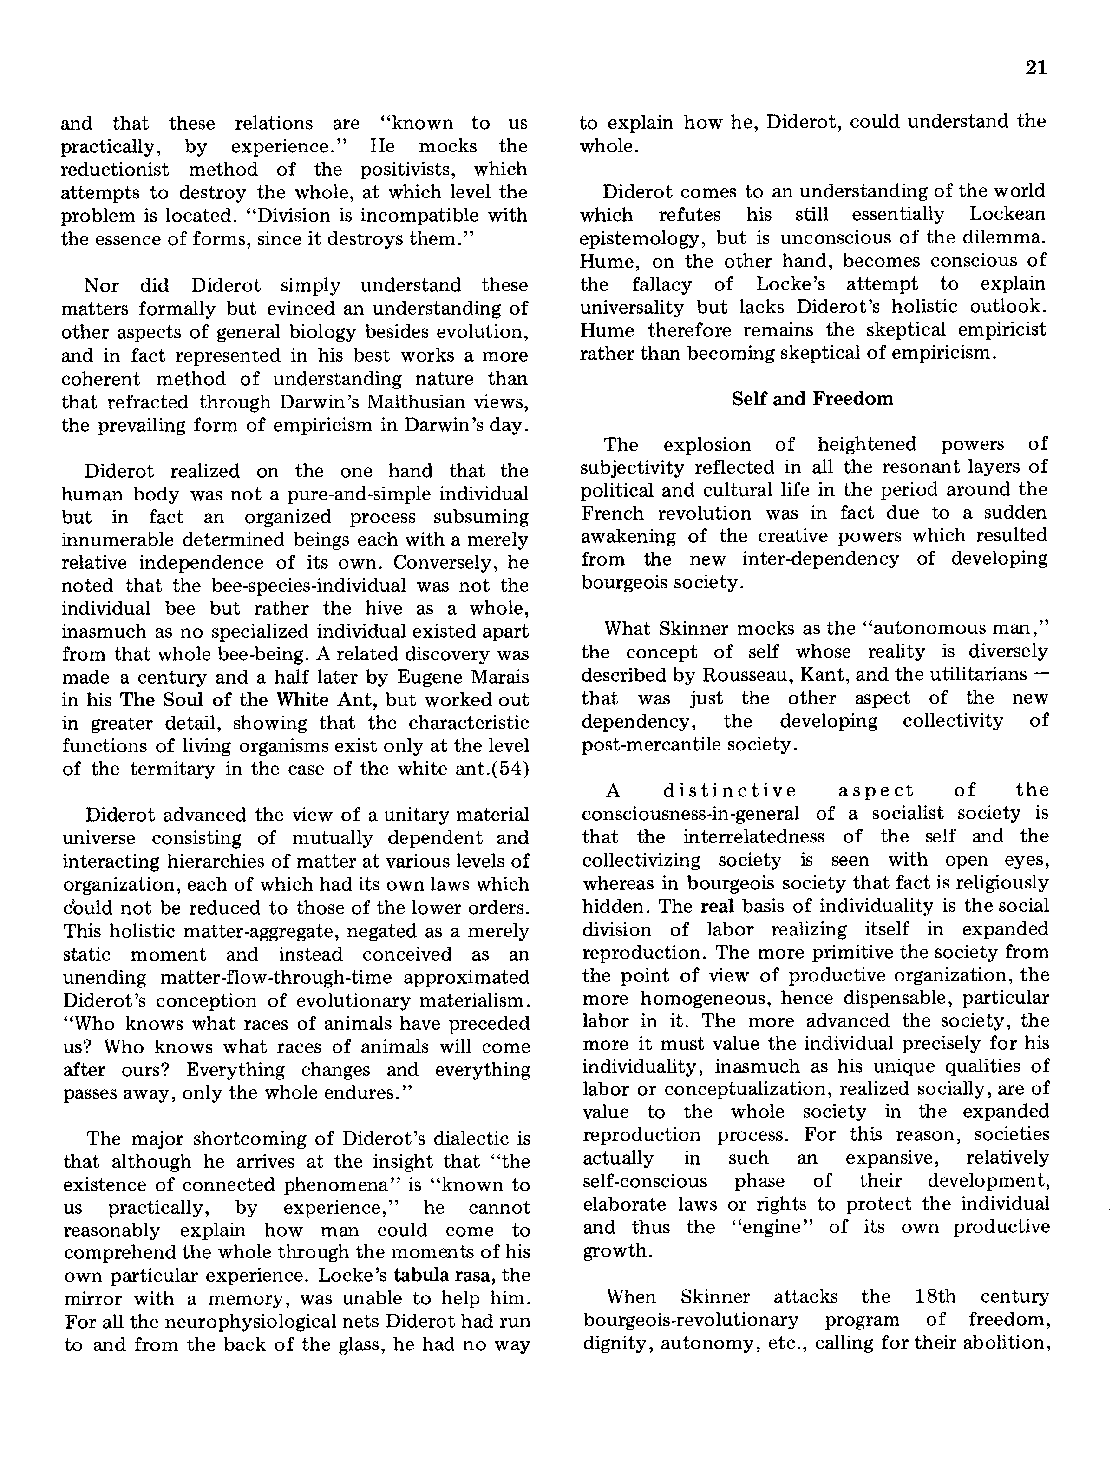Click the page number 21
point(1036,68)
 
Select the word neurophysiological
point(272,1321)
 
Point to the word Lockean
point(1007,215)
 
